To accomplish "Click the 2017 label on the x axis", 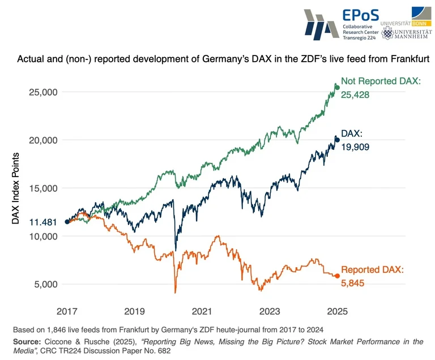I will (x=67, y=311).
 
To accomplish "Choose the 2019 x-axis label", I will (x=135, y=311).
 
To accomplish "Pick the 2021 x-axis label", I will (x=202, y=311).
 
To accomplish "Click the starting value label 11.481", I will (x=43, y=222).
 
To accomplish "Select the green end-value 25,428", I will (x=355, y=95).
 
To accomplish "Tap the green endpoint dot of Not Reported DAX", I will (x=337, y=87).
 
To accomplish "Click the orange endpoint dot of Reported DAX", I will (x=337, y=276).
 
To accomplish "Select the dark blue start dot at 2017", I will (x=67, y=222).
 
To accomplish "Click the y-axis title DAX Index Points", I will (x=16, y=188).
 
